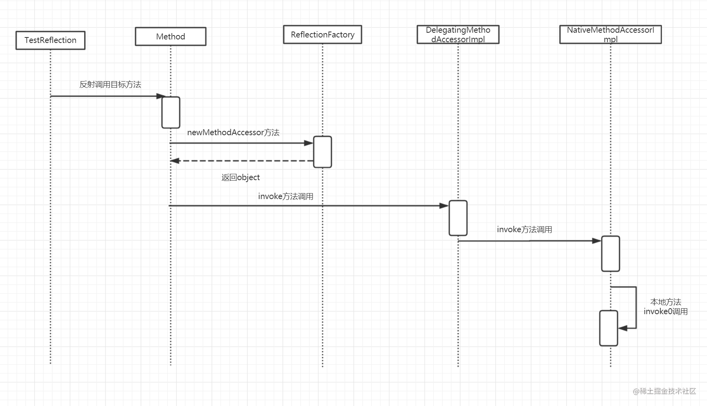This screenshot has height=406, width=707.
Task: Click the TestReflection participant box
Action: tap(50, 40)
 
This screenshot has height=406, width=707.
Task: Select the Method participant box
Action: tap(171, 36)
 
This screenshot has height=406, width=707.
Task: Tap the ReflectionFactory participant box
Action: tap(322, 35)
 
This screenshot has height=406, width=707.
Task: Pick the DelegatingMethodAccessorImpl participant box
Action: tap(458, 34)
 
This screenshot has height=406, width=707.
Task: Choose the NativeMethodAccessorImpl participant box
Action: tap(610, 34)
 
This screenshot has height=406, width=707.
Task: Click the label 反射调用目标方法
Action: tap(110, 84)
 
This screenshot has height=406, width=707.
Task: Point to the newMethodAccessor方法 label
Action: tap(233, 132)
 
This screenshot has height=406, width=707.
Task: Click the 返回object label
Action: tap(240, 177)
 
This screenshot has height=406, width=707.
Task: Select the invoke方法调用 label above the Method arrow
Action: tap(286, 196)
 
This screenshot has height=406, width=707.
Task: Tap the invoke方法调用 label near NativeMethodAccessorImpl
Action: tap(525, 229)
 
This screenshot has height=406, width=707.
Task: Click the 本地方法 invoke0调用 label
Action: tap(666, 307)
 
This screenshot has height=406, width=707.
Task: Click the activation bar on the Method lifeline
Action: tap(171, 112)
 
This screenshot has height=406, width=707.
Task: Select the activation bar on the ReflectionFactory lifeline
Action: tap(322, 152)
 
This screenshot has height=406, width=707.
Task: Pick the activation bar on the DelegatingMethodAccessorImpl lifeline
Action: tap(458, 218)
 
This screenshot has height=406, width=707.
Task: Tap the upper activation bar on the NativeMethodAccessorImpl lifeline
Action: tap(610, 254)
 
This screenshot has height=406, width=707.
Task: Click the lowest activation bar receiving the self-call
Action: tap(608, 328)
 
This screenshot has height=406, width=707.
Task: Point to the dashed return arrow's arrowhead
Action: tap(175, 161)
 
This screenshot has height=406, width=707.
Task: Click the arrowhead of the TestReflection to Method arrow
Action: tap(161, 96)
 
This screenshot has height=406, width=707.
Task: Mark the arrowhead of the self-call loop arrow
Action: tap(623, 328)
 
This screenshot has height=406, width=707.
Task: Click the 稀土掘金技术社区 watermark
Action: tap(664, 391)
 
